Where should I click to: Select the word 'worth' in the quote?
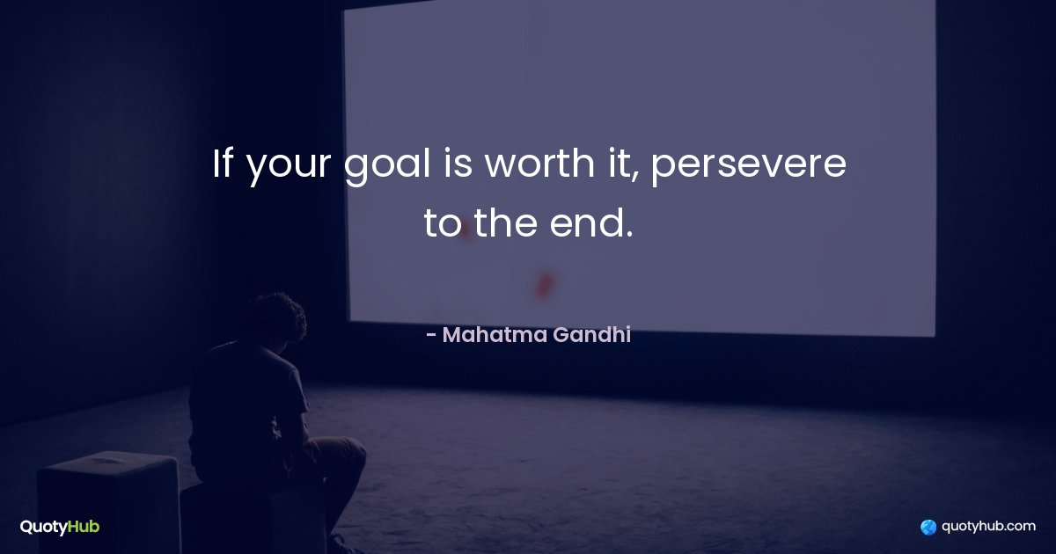click(x=539, y=163)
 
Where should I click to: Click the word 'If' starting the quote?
click(x=223, y=163)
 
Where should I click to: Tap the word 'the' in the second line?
click(x=505, y=222)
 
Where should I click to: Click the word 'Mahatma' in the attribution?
click(x=495, y=335)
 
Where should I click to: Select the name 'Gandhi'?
click(x=592, y=335)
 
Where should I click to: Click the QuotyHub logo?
click(x=60, y=527)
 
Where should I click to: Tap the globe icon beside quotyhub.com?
click(x=928, y=527)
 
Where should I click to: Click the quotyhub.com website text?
click(x=988, y=526)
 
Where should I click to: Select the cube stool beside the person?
click(x=109, y=502)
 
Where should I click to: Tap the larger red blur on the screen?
click(x=544, y=286)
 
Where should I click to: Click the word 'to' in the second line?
click(x=443, y=223)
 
